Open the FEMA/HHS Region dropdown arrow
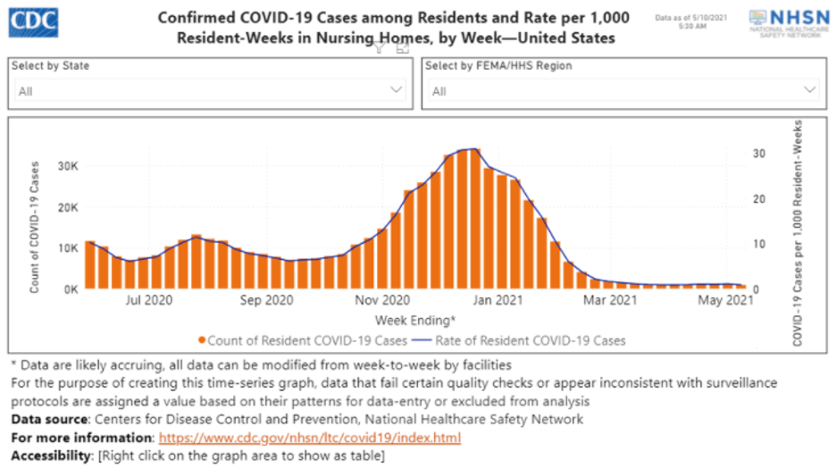click(x=810, y=89)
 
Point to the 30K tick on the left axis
click(x=68, y=166)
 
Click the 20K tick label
click(x=68, y=207)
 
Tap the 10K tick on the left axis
click(x=68, y=248)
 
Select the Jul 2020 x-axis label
click(x=148, y=301)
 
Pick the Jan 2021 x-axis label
click(x=497, y=301)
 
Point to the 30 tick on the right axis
click(x=758, y=154)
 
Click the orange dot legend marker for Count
click(x=204, y=340)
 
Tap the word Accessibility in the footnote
click(x=50, y=455)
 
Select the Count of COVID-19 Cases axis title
click(x=34, y=228)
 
